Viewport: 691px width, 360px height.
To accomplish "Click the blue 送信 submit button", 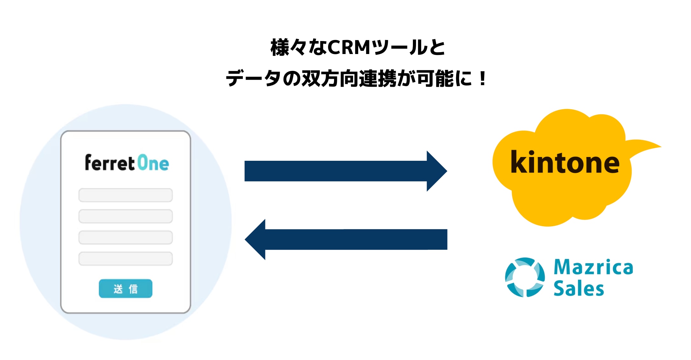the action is pos(126,289).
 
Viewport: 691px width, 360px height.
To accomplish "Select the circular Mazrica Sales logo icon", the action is pos(525,277).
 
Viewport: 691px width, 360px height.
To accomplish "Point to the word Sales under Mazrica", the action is pos(579,288).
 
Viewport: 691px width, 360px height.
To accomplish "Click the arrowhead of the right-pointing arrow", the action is pos(437,171).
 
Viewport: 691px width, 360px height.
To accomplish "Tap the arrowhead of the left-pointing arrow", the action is pos(255,239).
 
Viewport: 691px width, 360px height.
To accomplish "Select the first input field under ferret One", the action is pos(126,195).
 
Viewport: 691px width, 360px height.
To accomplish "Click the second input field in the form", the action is pos(126,216).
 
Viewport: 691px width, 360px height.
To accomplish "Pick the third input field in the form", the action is pos(126,237).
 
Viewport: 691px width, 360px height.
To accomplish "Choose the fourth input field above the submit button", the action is pos(126,259).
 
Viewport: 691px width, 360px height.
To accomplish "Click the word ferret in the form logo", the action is pos(110,163).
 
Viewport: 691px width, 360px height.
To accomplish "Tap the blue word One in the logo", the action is pos(153,163).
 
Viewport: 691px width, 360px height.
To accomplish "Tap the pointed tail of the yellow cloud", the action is pos(660,146).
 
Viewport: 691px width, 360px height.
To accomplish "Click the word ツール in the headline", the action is pos(399,48).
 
